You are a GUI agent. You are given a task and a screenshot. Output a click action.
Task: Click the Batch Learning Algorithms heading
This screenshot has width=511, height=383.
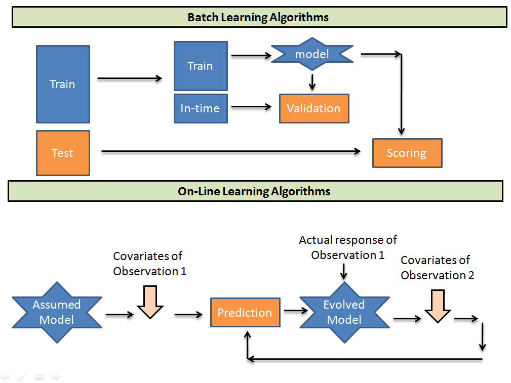coord(258,17)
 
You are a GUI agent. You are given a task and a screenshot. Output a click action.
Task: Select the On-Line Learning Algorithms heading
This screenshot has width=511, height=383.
coord(255,191)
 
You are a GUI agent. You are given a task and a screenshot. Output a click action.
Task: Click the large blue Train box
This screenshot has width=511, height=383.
coord(63,84)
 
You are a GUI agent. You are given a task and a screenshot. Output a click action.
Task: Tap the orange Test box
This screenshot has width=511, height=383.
coord(63,153)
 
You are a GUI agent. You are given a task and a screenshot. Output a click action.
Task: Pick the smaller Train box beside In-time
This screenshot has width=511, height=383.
coord(201,66)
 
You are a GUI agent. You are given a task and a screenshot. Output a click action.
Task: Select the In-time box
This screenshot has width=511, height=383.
coord(201,108)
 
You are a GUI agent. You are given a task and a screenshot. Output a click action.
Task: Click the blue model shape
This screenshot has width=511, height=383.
coord(312,54)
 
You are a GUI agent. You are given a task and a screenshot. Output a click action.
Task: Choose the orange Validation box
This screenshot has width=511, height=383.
coord(313,108)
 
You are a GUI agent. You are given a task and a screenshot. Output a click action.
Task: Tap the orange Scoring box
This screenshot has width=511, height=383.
coord(407,153)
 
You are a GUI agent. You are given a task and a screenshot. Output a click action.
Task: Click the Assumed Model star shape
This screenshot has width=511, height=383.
coord(57,312)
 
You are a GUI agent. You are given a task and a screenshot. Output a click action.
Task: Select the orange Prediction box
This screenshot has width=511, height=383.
coord(245,313)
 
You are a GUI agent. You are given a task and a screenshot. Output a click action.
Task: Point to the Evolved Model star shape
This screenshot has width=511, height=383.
coord(344,312)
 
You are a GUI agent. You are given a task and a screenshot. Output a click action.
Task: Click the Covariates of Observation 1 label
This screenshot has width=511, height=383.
coord(149,264)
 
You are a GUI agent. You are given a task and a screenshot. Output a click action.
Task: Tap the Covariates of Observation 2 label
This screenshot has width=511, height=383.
coord(437,268)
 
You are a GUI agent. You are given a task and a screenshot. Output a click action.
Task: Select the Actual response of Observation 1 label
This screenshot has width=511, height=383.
coord(348,247)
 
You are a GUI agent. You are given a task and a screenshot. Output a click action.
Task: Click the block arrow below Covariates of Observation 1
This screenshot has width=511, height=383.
coord(150,302)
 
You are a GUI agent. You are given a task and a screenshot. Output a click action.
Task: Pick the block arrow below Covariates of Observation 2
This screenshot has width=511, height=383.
coord(437,306)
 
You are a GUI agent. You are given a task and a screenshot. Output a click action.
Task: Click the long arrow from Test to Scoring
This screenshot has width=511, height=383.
coord(230,151)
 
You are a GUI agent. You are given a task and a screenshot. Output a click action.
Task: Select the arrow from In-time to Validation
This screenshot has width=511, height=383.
coord(252,107)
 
